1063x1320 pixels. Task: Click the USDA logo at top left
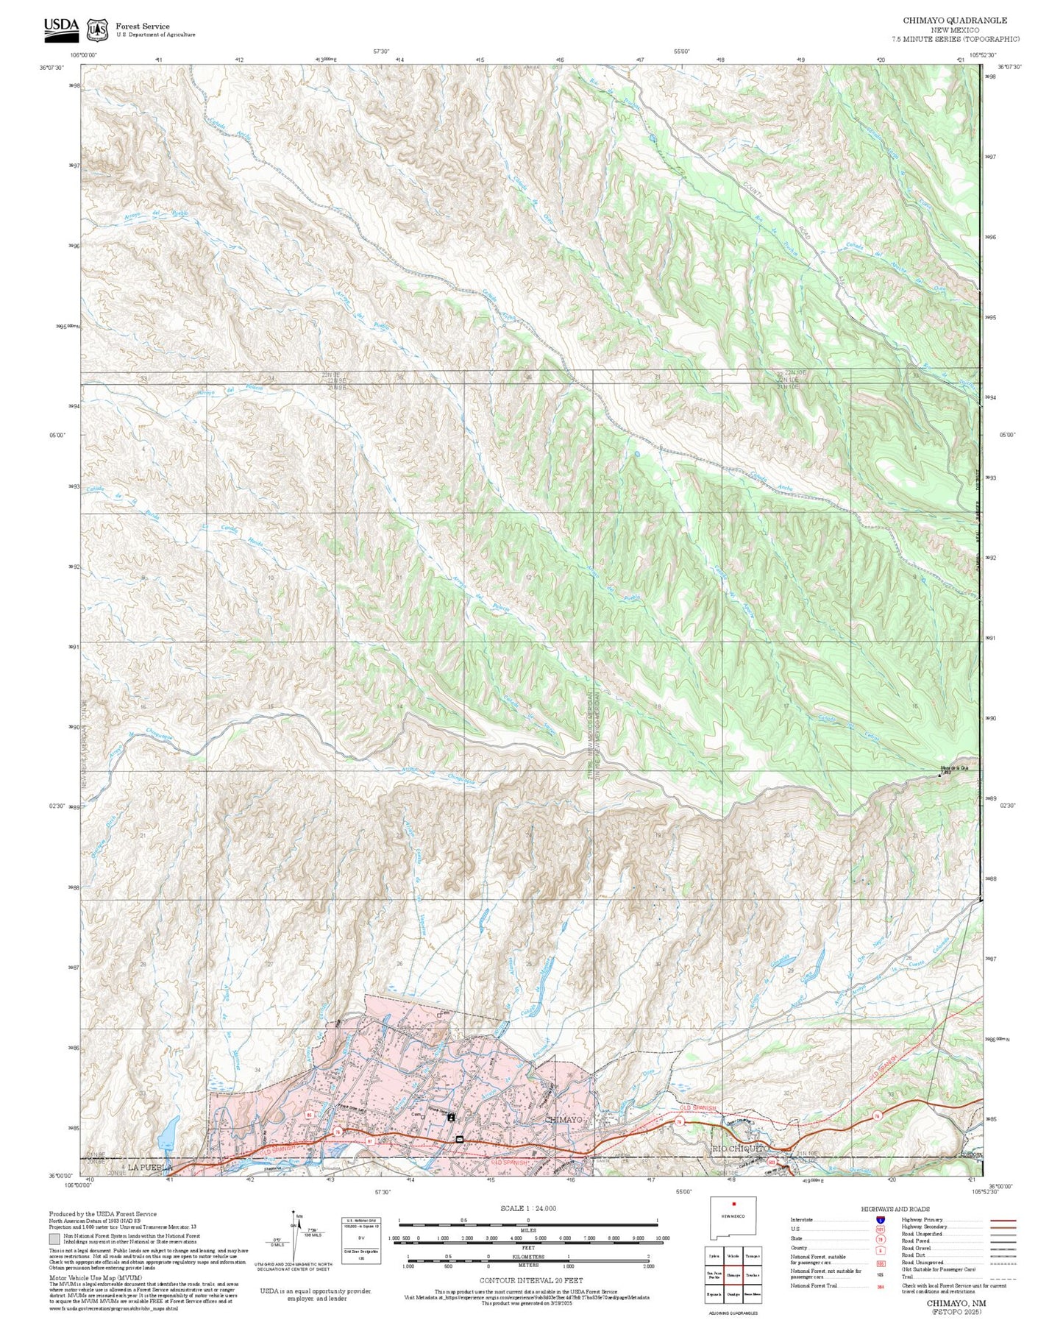tap(60, 27)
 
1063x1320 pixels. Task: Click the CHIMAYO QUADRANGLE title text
tap(955, 21)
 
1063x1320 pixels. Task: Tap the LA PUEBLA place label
tap(149, 1168)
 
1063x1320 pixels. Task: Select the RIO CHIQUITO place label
tap(740, 1148)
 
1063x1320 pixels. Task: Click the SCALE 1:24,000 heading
tap(527, 1208)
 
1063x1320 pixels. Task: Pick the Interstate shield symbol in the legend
tap(880, 1220)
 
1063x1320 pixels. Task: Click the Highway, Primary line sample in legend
tap(1003, 1220)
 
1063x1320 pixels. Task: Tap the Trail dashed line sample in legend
tap(1003, 1277)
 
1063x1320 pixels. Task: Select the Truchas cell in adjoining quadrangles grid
tap(752, 1275)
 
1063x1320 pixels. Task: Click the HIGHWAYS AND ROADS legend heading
tap(895, 1209)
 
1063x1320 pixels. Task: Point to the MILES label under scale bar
tap(528, 1229)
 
